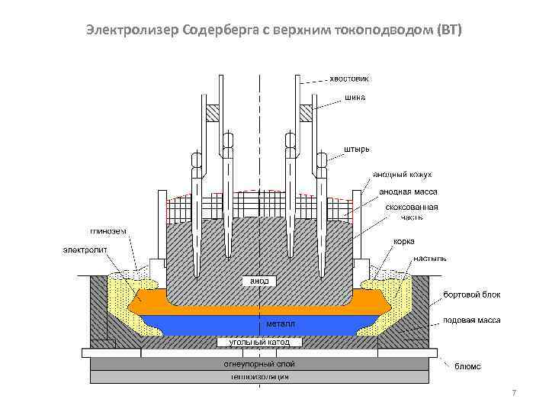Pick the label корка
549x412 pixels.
(404, 241)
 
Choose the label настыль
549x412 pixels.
(430, 259)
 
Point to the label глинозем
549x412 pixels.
(108, 231)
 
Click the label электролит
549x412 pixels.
(85, 249)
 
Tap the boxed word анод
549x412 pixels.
(258, 281)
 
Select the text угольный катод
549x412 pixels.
(255, 343)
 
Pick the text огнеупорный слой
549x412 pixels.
(258, 365)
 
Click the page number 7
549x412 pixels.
(514, 393)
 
